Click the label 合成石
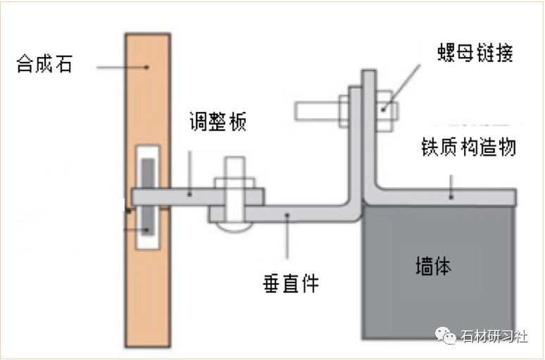point(44,63)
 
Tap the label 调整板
point(218,121)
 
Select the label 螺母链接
point(475,53)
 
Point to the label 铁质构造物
point(468,147)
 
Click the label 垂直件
point(291,283)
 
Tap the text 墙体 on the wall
point(434,266)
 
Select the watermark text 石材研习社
point(494,336)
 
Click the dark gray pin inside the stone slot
point(148,197)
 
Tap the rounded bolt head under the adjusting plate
point(234,227)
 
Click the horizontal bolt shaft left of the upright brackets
point(317,111)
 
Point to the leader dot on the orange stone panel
point(147,67)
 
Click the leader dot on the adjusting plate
point(189,194)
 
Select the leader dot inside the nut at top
point(383,110)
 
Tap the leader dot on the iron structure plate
point(451,197)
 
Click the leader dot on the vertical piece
point(287,216)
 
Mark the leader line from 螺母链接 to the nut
point(401,87)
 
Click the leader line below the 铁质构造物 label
point(451,186)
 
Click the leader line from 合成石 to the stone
point(122,67)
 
